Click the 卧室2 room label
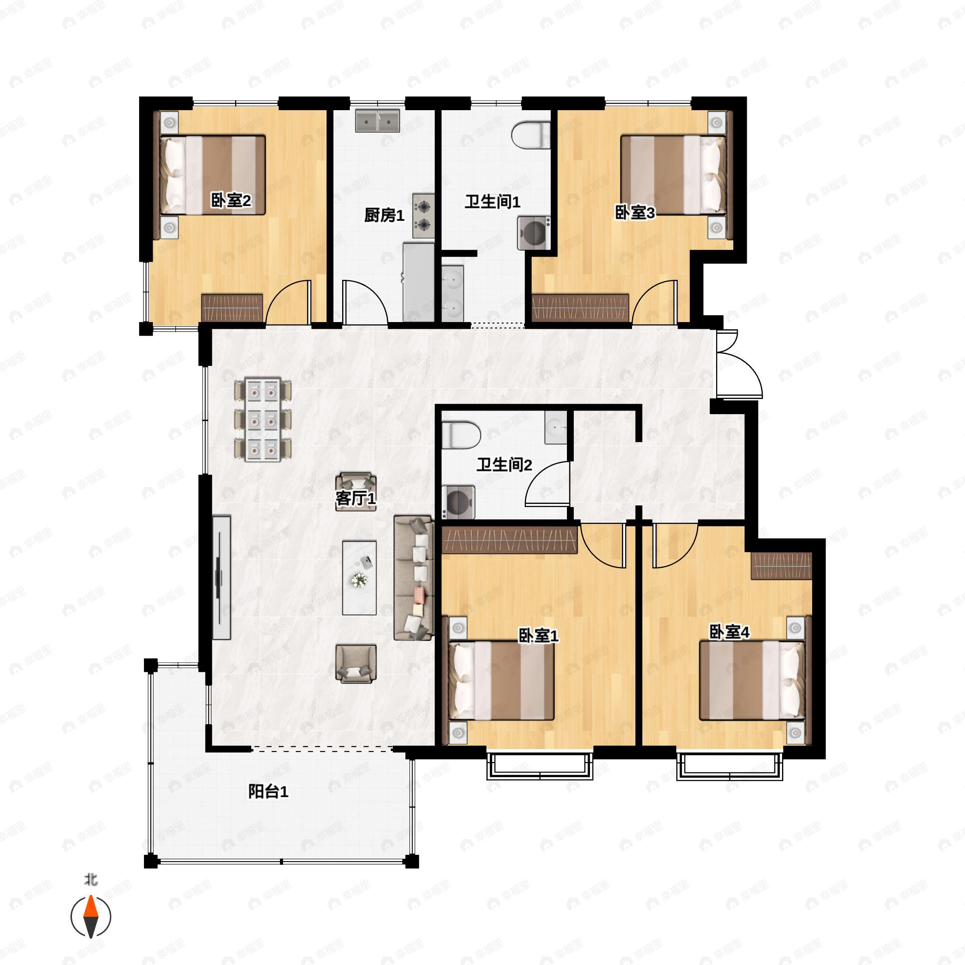[231, 200]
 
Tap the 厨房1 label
[384, 215]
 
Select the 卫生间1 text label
[493, 202]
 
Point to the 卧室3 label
[634, 213]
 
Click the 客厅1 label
[355, 498]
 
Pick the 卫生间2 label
[504, 464]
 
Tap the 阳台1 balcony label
[268, 792]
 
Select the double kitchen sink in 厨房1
[378, 121]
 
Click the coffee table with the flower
[359, 577]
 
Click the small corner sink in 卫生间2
[555, 427]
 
